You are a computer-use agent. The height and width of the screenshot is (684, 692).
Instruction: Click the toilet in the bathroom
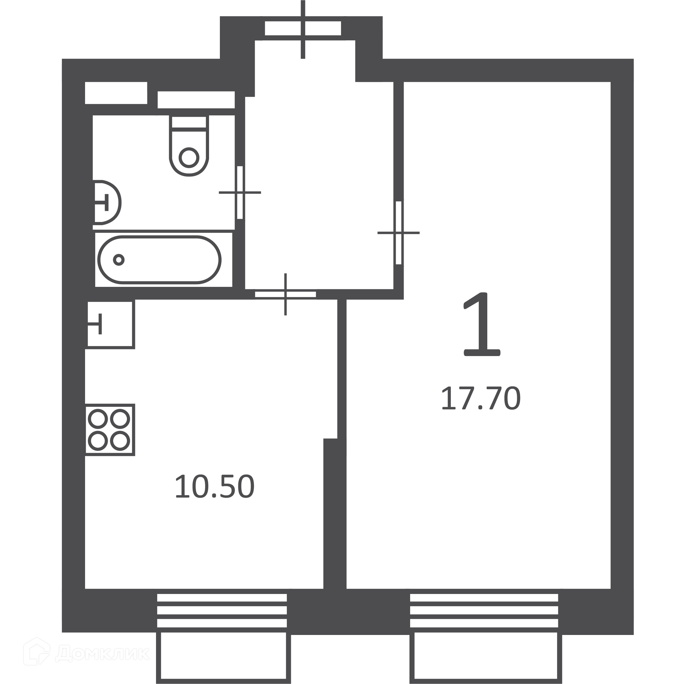(189, 146)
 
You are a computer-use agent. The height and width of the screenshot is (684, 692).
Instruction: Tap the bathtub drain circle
(119, 259)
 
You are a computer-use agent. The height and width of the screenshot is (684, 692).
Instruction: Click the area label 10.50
(214, 487)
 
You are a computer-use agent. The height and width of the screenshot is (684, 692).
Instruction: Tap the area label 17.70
(481, 399)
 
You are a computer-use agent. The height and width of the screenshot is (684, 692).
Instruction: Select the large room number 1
(482, 325)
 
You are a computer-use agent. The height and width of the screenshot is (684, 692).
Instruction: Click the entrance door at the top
(303, 28)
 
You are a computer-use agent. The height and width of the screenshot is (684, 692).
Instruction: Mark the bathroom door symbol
(240, 192)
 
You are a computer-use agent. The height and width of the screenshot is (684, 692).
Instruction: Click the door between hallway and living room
(398, 233)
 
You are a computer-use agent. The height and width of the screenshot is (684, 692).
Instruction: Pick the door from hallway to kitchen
(285, 294)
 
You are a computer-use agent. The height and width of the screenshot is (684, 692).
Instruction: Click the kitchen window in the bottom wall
(222, 614)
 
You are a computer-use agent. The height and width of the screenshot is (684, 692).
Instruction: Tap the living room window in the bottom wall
(484, 614)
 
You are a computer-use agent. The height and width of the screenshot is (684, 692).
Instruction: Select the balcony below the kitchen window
(223, 658)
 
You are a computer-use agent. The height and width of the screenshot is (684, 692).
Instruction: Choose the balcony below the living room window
(486, 658)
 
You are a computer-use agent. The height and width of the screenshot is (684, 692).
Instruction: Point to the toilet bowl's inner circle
(189, 157)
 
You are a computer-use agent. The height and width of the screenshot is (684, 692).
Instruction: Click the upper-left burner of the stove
(98, 419)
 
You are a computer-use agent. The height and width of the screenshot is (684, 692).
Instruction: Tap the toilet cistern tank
(189, 122)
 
